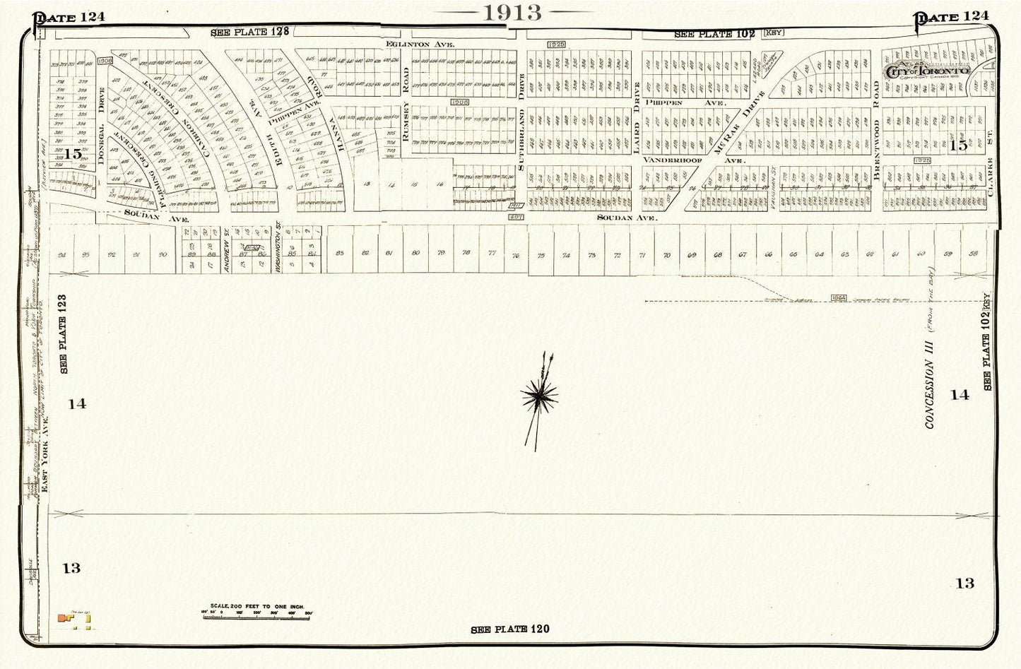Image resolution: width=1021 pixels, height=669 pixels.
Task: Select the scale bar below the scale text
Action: [x=256, y=617]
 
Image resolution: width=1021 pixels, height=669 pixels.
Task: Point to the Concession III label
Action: [x=930, y=394]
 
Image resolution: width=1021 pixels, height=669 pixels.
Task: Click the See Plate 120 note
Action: [x=509, y=629]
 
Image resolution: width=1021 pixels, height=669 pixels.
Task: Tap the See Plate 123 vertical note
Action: [x=63, y=334]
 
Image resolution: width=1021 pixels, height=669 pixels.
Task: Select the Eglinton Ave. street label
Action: [x=420, y=44]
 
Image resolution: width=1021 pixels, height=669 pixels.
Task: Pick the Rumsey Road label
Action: [x=406, y=109]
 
